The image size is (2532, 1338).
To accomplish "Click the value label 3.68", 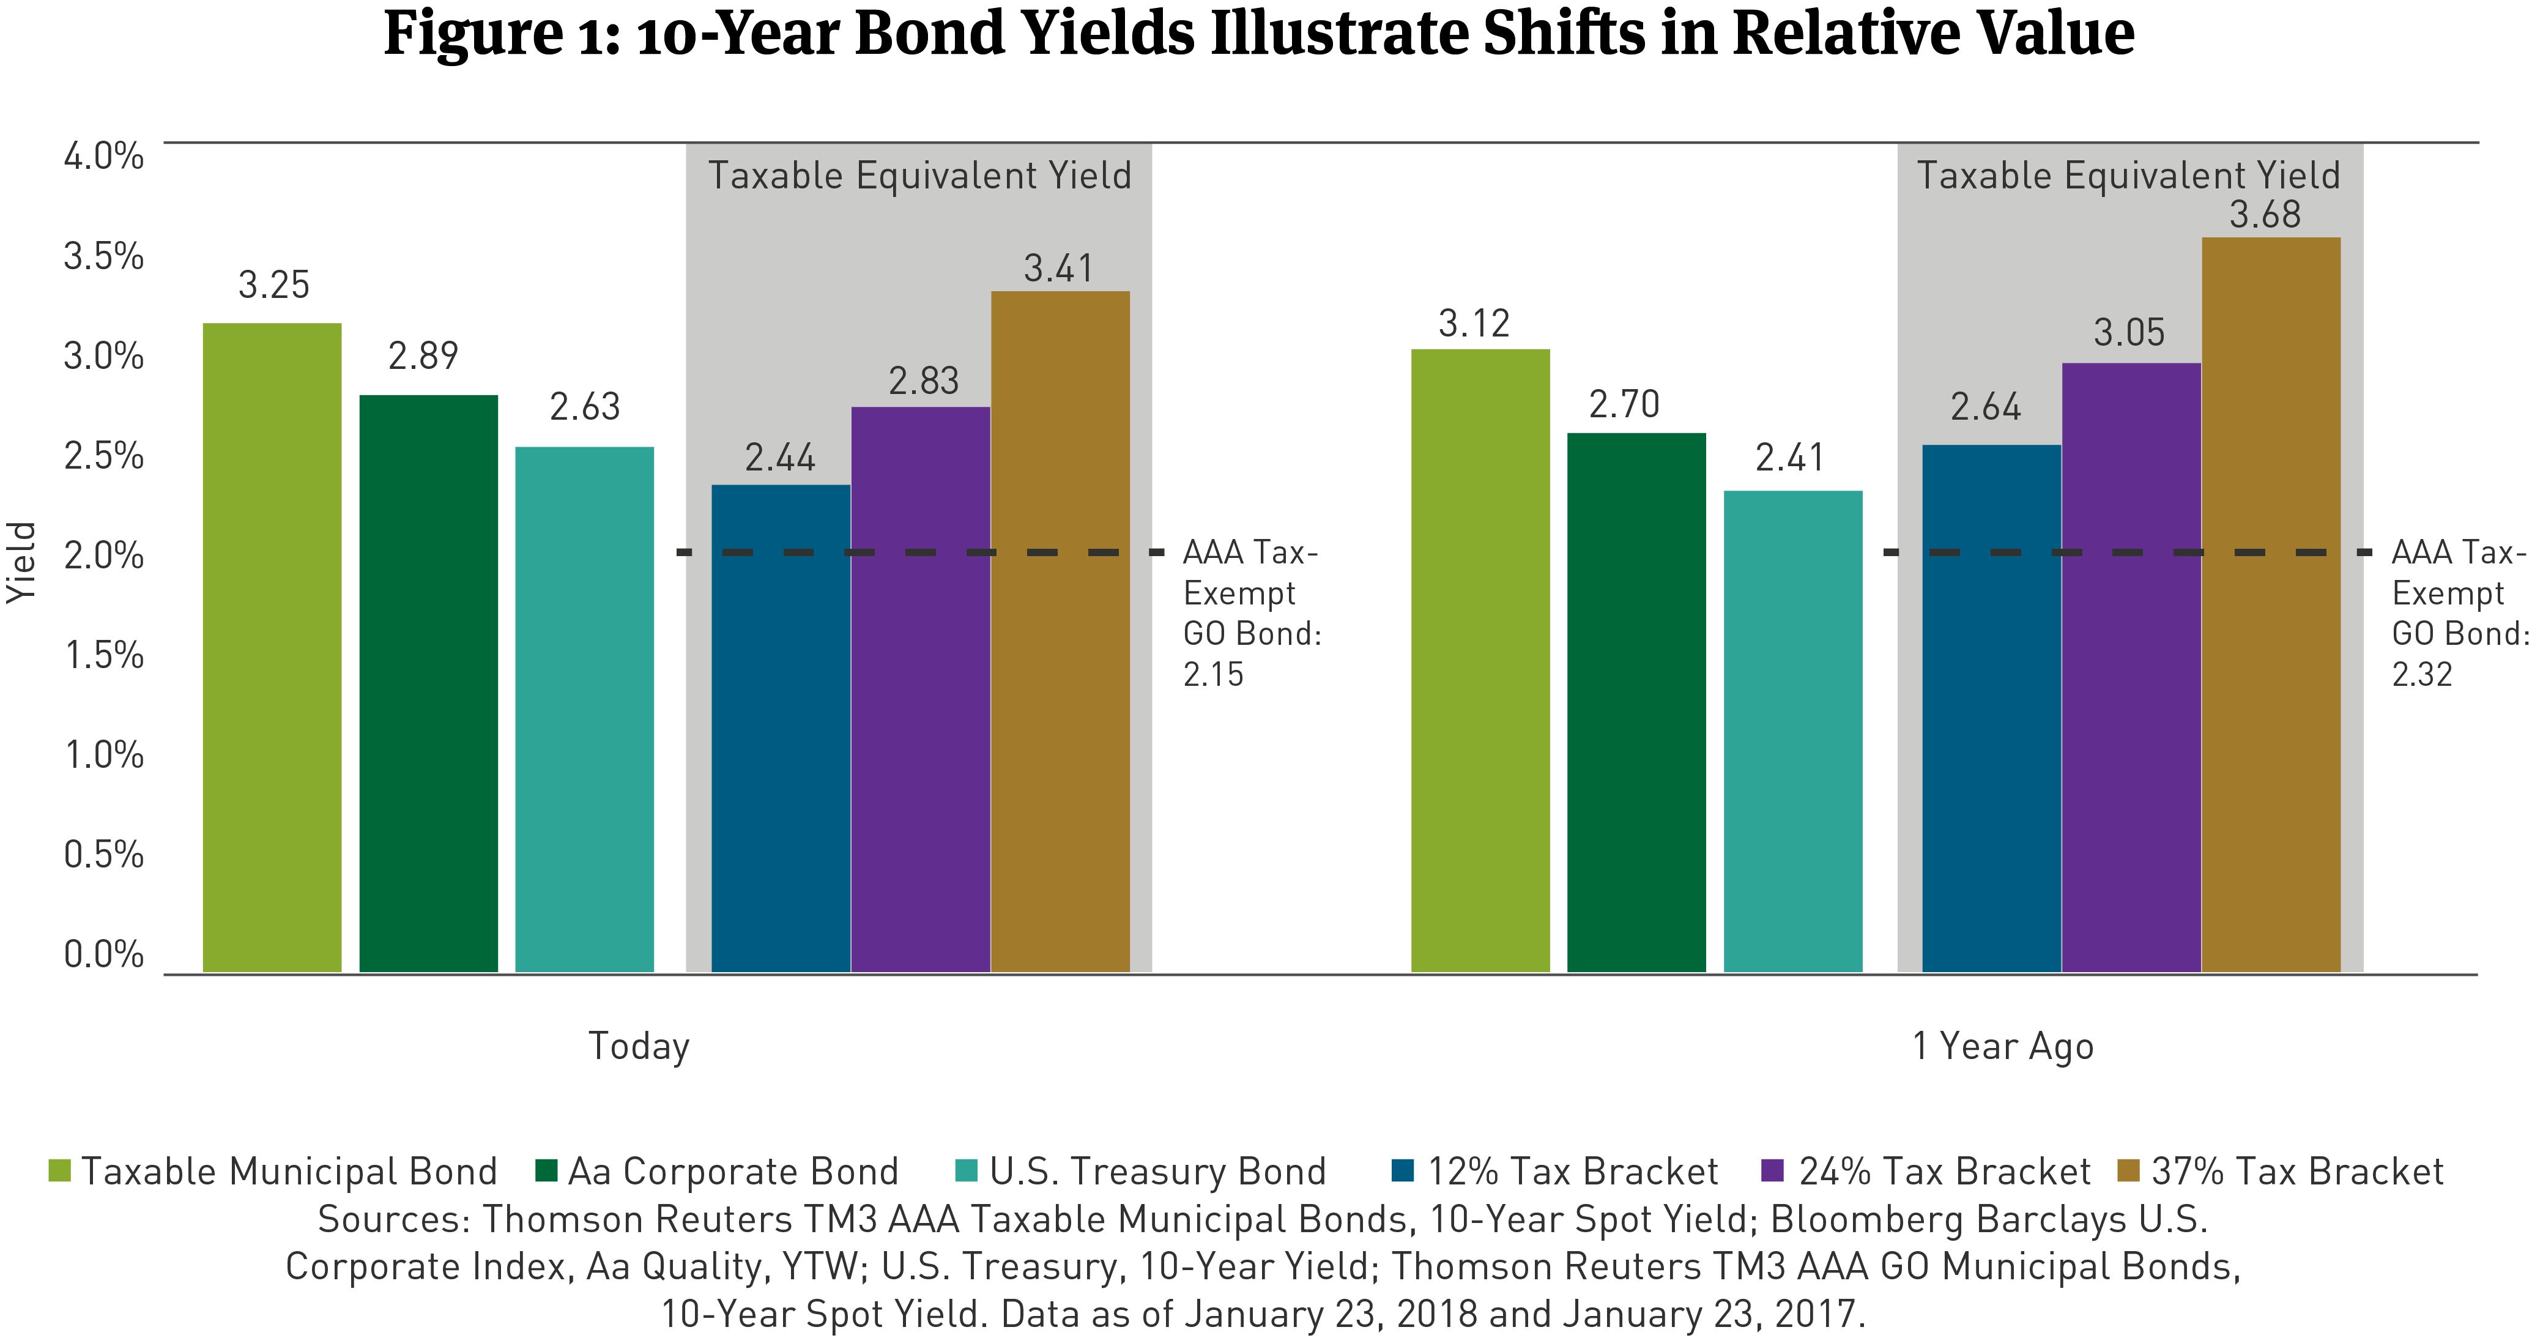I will pos(2265,214).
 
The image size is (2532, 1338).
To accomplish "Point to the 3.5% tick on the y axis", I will pos(104,256).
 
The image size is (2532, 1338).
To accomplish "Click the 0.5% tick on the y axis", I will pos(104,854).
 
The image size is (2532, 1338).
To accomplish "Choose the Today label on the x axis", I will pos(639,1046).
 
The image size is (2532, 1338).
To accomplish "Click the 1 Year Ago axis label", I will pos(2002,1046).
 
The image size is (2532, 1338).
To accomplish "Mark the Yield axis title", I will pos(21,562).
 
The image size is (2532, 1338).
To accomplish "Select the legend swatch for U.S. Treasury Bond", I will pos(966,1171).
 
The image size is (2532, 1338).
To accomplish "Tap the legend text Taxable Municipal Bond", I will pos(289,1172).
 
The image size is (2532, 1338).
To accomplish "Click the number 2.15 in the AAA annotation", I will pos(1213,674).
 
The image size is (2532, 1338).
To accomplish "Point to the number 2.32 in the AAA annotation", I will pos(2422,674).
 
